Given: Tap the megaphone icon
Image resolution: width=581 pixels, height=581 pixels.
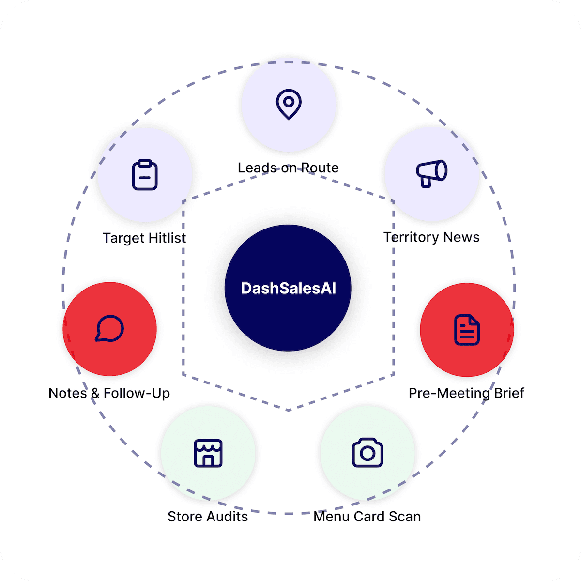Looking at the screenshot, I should [x=432, y=173].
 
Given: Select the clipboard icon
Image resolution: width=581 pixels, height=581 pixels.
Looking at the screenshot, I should [x=145, y=175].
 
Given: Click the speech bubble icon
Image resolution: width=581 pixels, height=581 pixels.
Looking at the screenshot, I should [x=109, y=329].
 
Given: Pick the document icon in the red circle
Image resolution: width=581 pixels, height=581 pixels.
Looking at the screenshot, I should [x=467, y=330].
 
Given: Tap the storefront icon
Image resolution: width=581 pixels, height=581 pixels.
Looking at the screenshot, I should [x=208, y=453].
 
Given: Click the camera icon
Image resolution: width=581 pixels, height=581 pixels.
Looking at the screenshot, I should [x=367, y=453].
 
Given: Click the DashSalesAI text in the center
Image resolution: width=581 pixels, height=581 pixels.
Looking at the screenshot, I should [x=289, y=289].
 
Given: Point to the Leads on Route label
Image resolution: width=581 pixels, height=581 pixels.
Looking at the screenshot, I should [x=288, y=168].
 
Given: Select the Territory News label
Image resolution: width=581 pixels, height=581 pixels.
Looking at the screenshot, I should [x=431, y=237].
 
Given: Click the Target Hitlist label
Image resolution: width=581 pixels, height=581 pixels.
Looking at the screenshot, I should [x=144, y=238].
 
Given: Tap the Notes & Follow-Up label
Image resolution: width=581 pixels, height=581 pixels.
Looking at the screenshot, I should [x=109, y=393].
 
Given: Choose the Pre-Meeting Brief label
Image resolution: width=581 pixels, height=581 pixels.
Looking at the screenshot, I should [x=466, y=393].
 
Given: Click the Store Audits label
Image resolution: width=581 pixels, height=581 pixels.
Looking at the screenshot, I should [x=208, y=517].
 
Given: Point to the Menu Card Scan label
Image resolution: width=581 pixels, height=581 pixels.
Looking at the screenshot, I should [x=367, y=517].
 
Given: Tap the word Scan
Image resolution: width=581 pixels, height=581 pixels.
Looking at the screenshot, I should [x=405, y=517].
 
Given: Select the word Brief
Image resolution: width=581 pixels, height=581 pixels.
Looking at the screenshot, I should [x=509, y=393].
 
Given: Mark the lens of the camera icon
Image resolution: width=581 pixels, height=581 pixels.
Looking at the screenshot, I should [x=367, y=454].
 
